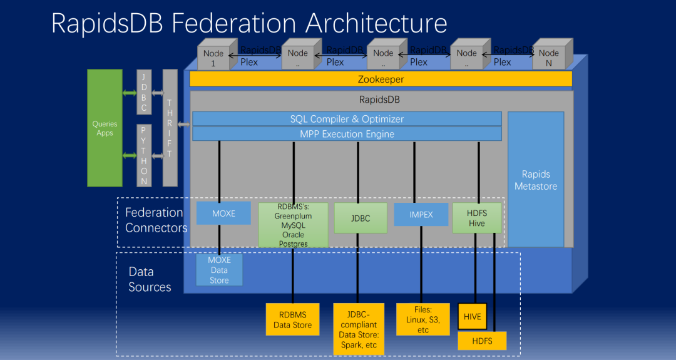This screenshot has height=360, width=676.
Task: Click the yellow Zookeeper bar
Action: tap(381, 80)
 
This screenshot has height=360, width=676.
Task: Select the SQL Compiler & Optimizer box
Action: tap(347, 119)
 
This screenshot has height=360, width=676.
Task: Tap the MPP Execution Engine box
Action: tap(347, 134)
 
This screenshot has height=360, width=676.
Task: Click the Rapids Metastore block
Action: tap(536, 179)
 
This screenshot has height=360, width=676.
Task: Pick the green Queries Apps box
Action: tap(105, 128)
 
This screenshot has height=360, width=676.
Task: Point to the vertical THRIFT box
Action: tap(170, 128)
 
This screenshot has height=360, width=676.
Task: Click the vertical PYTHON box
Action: tap(144, 155)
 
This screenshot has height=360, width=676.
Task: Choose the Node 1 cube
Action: tap(217, 54)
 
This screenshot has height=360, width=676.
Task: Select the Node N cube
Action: tap(552, 54)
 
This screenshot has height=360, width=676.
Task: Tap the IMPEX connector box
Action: tap(421, 215)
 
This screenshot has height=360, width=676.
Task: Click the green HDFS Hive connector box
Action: tap(477, 218)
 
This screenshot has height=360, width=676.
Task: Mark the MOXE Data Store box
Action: tap(220, 270)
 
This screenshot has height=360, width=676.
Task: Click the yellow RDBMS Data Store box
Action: tap(293, 319)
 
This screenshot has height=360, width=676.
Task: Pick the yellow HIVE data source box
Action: tap(473, 316)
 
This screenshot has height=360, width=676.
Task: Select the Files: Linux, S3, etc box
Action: tap(423, 319)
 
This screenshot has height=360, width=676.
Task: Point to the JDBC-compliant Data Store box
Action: tap(359, 329)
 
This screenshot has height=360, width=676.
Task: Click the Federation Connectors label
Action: tap(156, 220)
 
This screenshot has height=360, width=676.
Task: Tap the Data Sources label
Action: tap(150, 279)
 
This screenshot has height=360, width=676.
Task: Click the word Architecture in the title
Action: tap(376, 23)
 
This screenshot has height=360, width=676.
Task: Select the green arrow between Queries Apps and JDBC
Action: tap(130, 93)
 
